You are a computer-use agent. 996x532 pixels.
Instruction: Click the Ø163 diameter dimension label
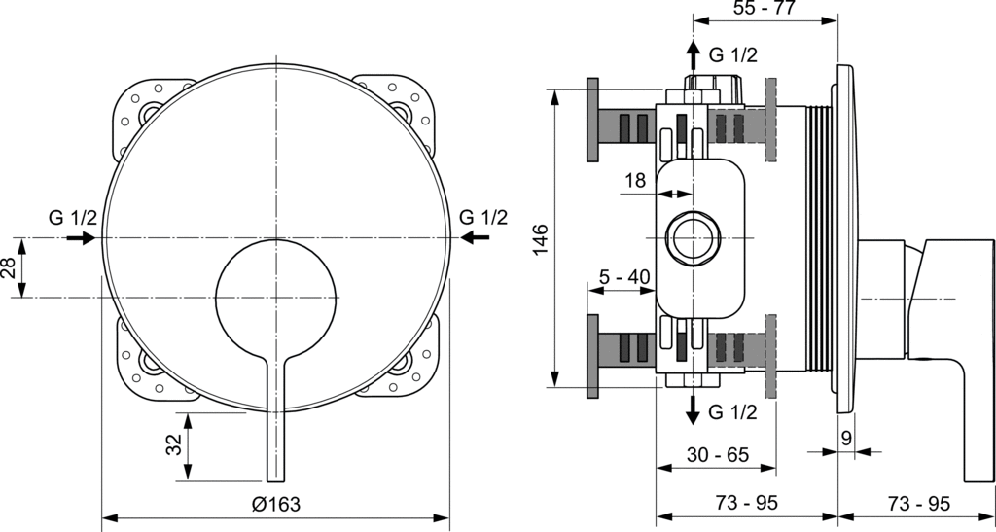coord(275,505)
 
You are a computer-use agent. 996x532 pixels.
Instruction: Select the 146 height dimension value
coord(540,238)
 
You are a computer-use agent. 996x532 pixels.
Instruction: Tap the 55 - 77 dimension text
coord(765,8)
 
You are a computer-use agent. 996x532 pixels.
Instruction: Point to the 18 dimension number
coord(633,180)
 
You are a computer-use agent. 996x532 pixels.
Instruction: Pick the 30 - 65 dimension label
coord(718,454)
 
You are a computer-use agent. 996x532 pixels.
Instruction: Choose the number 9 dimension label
coord(845,438)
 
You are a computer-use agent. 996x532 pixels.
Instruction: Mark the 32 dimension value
coord(175,444)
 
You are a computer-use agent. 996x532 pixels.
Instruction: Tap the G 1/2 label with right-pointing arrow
coord(73,218)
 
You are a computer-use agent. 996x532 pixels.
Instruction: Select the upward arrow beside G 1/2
coord(693,56)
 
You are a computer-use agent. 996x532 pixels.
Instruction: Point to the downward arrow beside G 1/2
coord(693,410)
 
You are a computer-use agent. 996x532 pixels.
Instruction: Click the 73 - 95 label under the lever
coord(918,504)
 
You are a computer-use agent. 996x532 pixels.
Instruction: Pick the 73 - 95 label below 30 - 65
coord(746,504)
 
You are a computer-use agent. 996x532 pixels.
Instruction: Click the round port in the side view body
coord(692,237)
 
